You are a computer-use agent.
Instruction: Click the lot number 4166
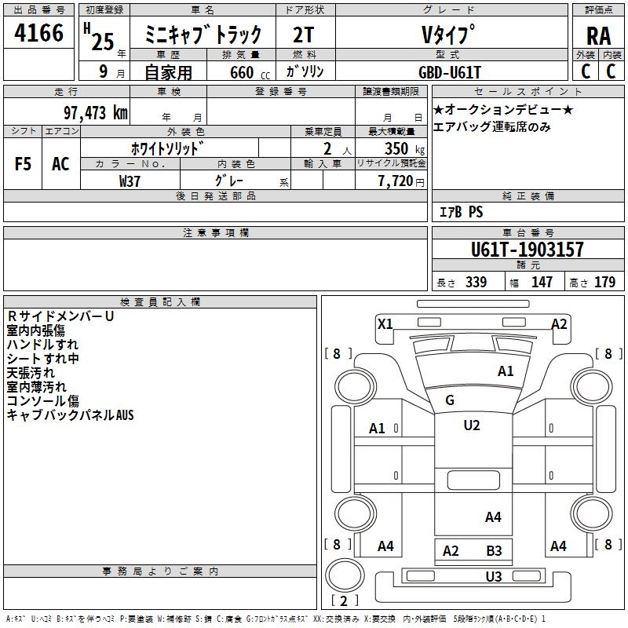38,33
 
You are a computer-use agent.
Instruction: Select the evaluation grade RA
597,36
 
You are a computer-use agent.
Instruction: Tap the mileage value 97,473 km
95,112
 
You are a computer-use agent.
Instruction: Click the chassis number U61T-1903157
527,250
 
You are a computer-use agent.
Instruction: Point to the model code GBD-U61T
450,72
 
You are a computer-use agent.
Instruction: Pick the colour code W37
130,181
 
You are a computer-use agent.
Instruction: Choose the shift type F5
24,163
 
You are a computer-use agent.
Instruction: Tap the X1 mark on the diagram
385,323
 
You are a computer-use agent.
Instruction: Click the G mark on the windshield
450,400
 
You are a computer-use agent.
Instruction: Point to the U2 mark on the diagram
472,425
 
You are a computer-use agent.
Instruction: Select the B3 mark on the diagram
494,551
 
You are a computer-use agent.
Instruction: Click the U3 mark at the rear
493,577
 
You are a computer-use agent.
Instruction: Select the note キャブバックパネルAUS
71,415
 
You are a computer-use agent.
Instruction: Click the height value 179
604,283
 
